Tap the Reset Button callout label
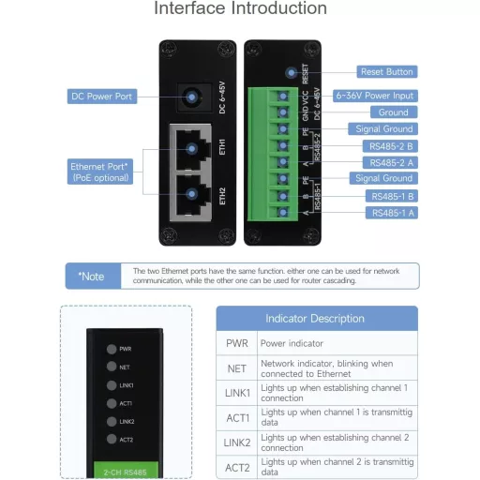(x=386, y=71)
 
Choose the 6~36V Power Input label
(x=375, y=96)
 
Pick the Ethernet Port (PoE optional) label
(x=102, y=172)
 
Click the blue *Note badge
(x=91, y=276)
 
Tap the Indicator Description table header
(x=315, y=319)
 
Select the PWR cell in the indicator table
(x=237, y=343)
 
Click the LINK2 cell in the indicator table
(x=237, y=441)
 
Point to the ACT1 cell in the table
(x=237, y=416)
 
